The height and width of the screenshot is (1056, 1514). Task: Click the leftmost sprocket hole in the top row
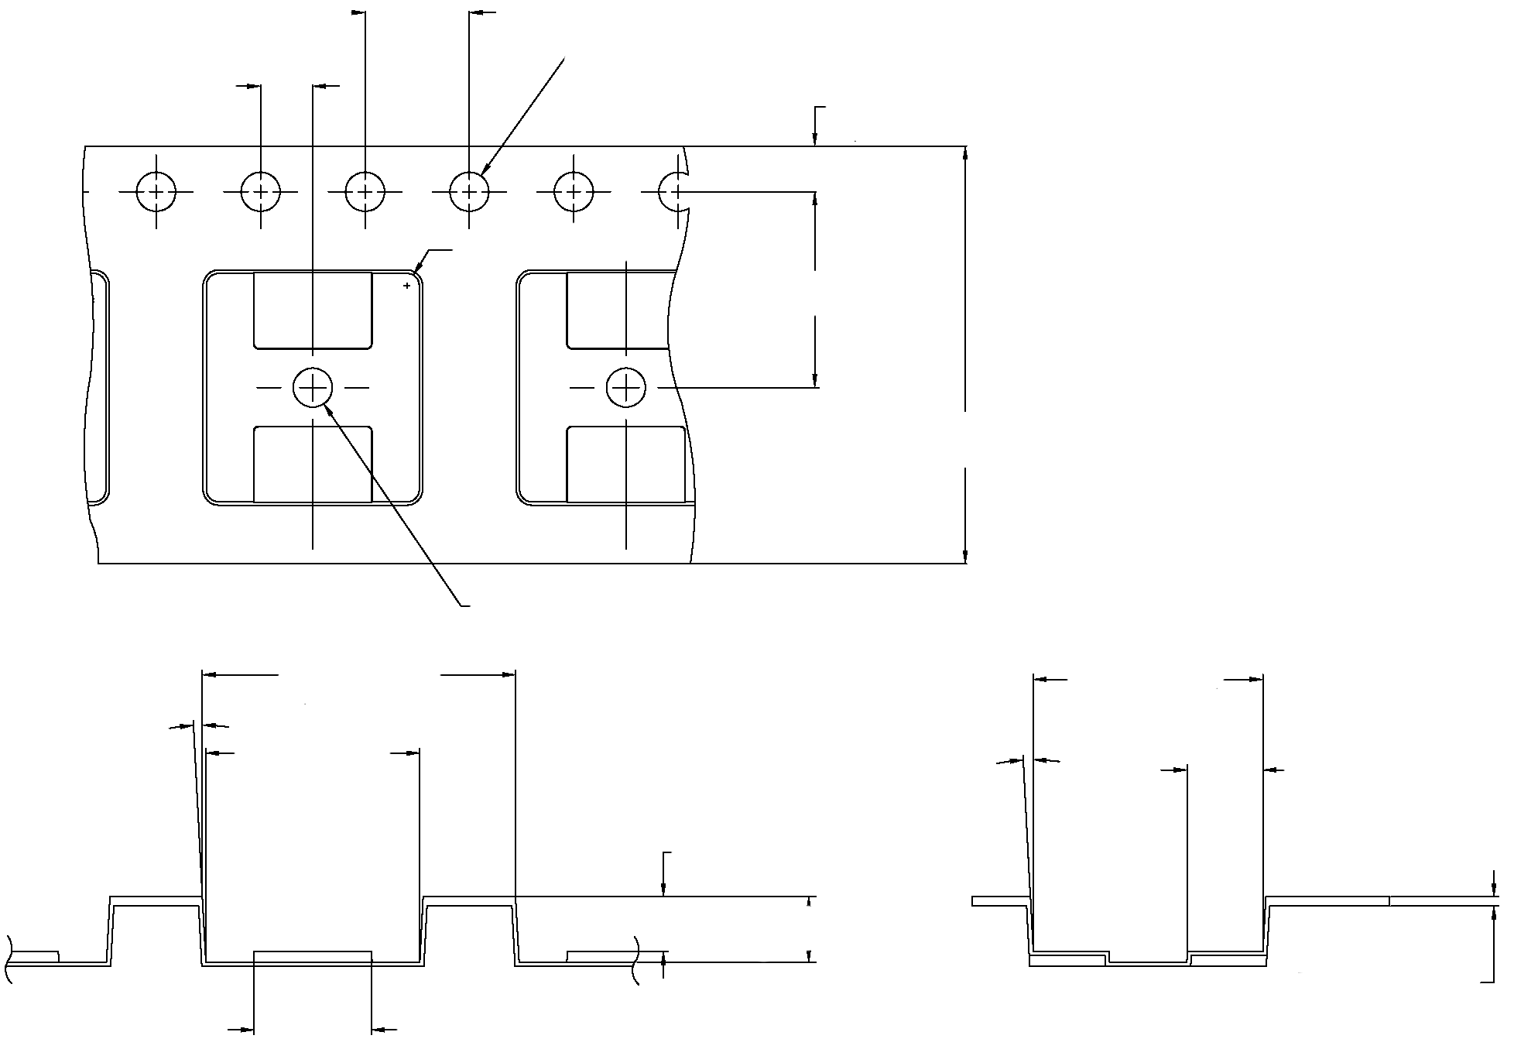[x=156, y=191]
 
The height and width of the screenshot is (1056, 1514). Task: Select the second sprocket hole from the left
[x=261, y=191]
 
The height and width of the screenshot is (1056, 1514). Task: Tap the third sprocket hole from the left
[x=365, y=191]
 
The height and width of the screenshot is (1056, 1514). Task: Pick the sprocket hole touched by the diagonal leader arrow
[x=469, y=191]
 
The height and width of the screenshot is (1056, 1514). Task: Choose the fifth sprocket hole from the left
[x=574, y=191]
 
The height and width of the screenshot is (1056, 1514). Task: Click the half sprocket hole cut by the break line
[x=670, y=191]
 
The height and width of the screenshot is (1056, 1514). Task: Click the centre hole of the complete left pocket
[x=313, y=386]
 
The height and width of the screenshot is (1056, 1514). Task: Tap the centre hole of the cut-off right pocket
[x=625, y=387]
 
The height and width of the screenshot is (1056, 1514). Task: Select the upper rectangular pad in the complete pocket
[x=313, y=310]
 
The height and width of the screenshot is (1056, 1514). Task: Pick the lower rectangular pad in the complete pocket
[x=313, y=465]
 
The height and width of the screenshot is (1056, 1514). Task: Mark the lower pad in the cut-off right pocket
[x=625, y=465]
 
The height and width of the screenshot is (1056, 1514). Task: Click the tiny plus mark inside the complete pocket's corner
[x=407, y=286]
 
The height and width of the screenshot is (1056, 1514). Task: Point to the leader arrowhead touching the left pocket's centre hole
[x=331, y=410]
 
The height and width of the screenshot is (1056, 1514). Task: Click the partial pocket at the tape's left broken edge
[x=99, y=387]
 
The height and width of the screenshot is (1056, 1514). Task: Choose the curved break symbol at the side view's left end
[x=9, y=960]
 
